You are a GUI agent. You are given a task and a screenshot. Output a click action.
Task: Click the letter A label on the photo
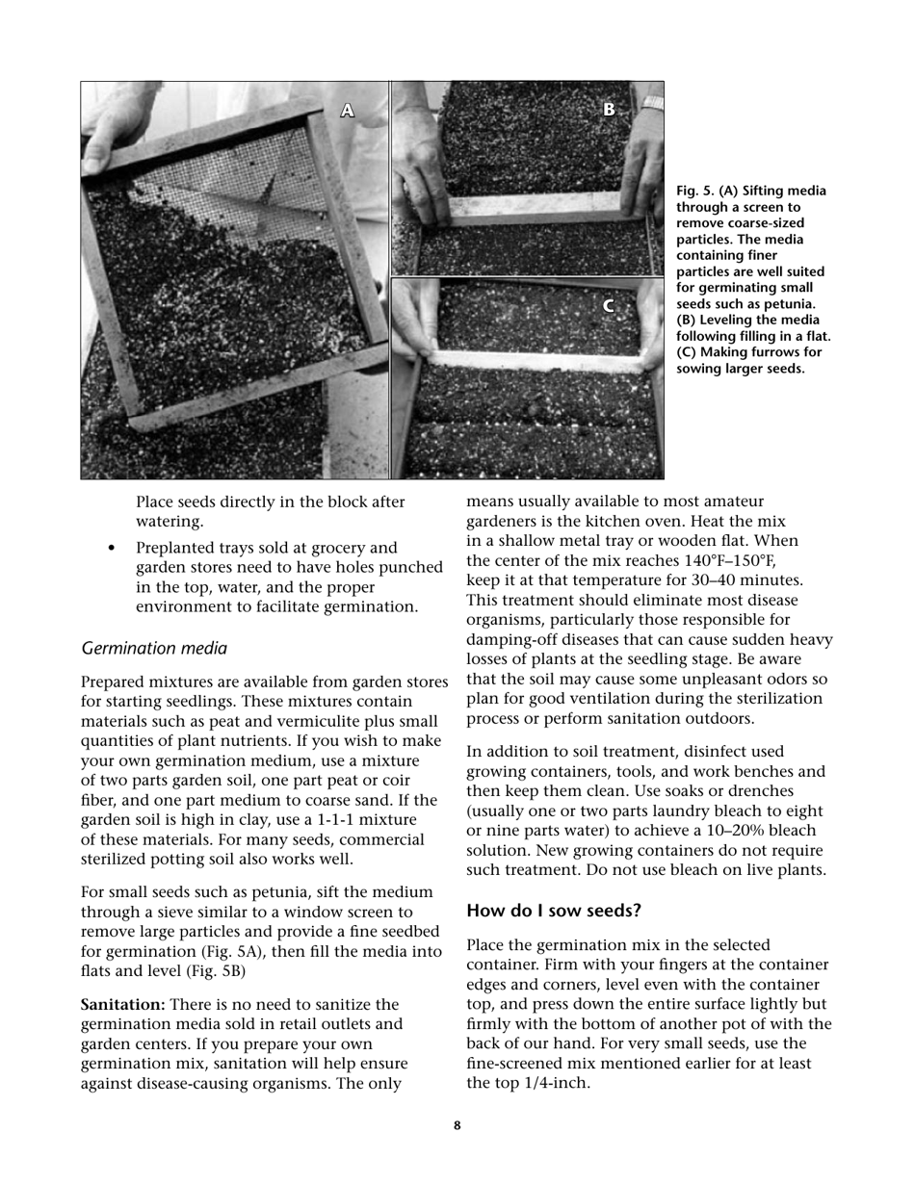click(348, 112)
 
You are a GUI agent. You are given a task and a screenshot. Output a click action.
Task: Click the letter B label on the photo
click(609, 110)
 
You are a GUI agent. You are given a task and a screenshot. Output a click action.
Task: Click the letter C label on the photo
click(609, 306)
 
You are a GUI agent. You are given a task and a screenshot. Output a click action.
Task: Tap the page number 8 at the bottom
click(457, 1125)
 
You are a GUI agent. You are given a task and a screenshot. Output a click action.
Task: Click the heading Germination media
click(154, 649)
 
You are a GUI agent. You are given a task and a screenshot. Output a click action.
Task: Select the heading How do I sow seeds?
click(554, 911)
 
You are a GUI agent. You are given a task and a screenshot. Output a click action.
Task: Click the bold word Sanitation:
click(122, 1005)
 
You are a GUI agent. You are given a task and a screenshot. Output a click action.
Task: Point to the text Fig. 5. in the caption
click(695, 192)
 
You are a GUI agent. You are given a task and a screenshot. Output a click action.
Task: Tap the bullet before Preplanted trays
click(113, 549)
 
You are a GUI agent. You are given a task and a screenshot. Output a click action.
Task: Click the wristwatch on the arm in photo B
click(653, 102)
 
